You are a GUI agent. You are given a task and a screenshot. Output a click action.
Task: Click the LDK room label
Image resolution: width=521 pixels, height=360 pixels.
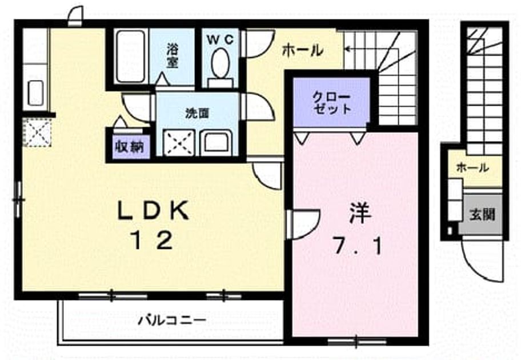(x=153, y=210)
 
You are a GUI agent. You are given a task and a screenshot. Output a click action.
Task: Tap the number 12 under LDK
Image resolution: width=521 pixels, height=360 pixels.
(x=153, y=241)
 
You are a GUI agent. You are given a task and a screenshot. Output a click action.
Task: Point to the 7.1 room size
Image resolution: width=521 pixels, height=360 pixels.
(x=358, y=246)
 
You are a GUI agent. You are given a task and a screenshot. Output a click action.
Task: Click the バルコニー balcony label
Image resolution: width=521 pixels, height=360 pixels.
(x=172, y=320)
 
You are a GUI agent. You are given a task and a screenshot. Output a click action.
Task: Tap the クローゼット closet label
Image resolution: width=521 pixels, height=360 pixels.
(x=331, y=103)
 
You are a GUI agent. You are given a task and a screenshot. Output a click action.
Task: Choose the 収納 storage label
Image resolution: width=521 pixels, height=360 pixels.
(x=130, y=147)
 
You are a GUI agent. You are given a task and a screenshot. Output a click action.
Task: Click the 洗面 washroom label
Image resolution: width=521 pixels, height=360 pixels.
(x=197, y=114)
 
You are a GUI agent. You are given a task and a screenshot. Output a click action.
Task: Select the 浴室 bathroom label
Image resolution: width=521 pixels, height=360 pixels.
(x=172, y=57)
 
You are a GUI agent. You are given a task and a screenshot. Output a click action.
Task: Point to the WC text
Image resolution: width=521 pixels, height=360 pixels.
(x=221, y=39)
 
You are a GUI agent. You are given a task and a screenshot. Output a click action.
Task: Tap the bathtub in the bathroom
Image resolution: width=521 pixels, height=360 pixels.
(x=130, y=56)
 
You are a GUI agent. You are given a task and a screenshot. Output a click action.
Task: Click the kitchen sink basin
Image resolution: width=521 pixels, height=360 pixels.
(x=35, y=93)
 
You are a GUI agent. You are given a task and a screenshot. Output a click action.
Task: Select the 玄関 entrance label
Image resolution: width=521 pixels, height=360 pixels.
(x=482, y=215)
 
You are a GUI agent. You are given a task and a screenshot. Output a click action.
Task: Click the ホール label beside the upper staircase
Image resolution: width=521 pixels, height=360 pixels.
(x=302, y=50)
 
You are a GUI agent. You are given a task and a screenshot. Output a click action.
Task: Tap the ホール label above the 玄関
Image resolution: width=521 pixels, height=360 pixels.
(x=472, y=167)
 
